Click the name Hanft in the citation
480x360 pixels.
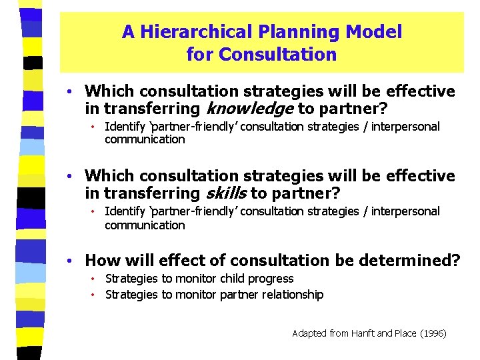click(x=361, y=333)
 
